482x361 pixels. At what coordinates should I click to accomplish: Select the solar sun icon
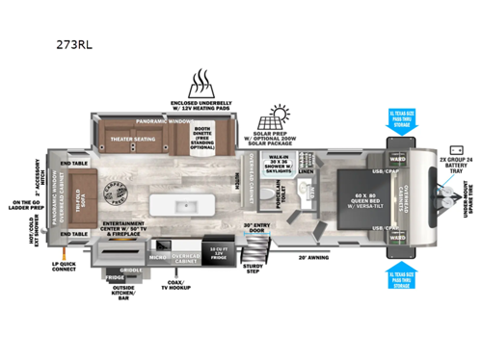277,116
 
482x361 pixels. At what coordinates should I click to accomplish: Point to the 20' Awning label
314,258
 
